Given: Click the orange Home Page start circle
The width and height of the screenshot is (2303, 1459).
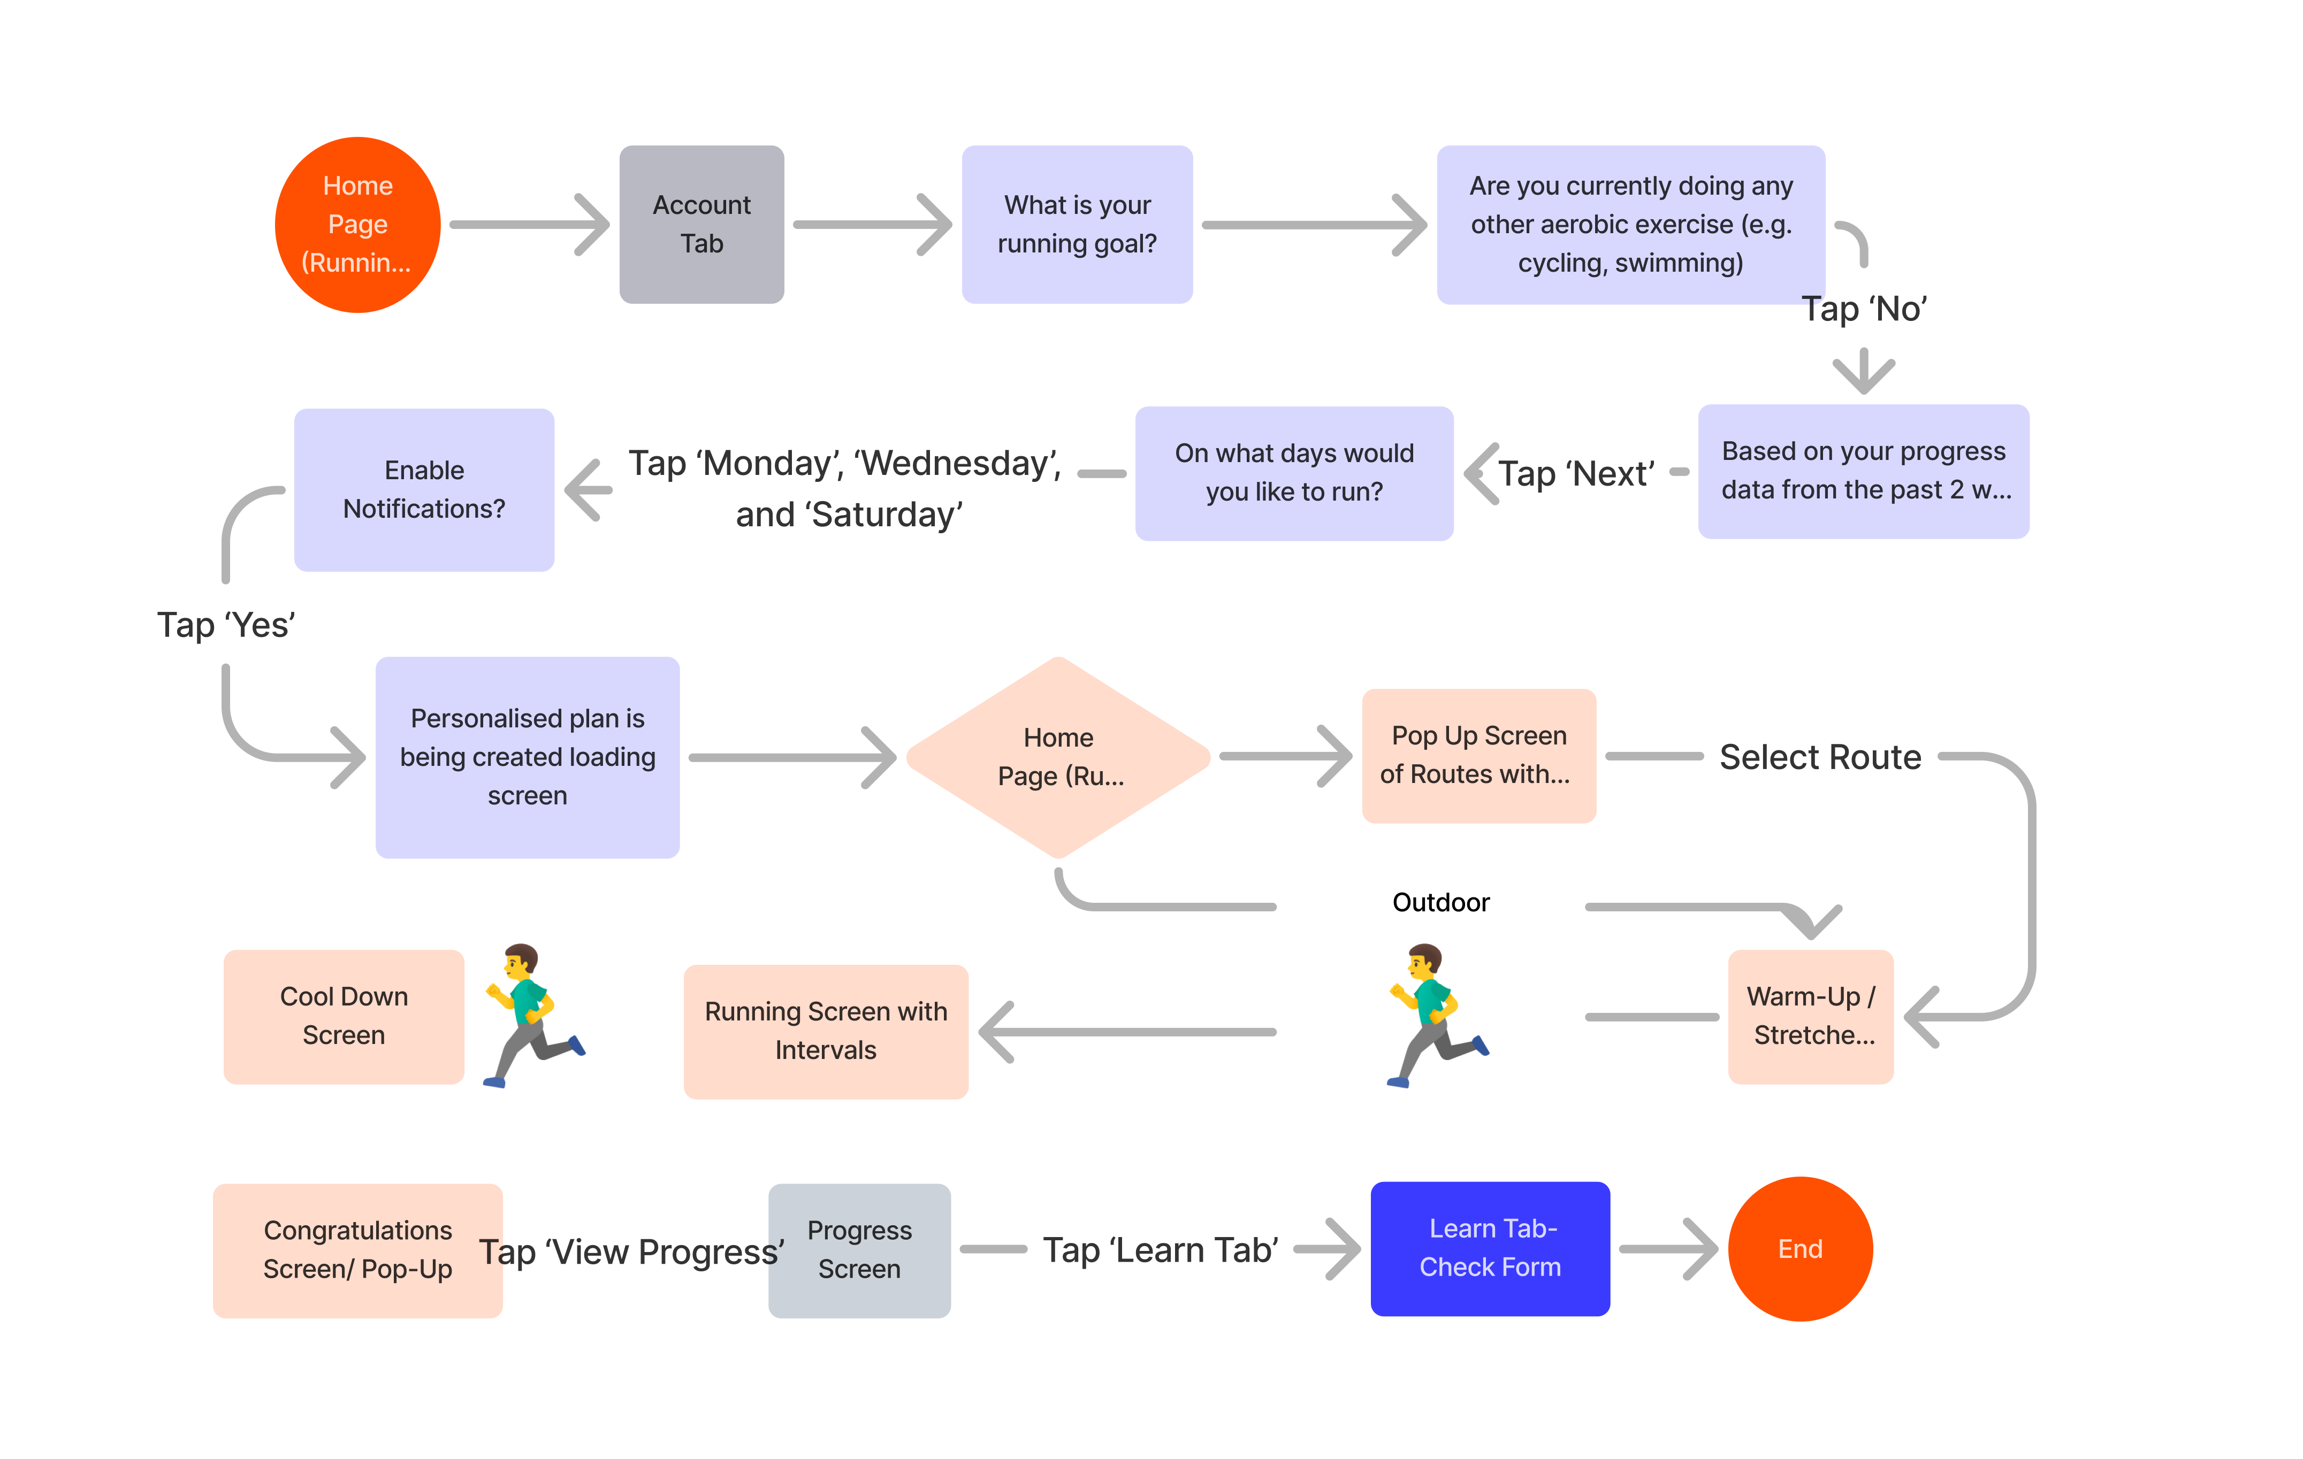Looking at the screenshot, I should [x=357, y=225].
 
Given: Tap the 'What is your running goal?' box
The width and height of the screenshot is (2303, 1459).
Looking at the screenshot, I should [x=1077, y=225].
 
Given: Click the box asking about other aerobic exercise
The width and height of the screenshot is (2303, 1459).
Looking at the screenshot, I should [x=1630, y=225].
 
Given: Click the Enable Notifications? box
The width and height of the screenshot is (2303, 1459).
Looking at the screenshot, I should [x=424, y=489].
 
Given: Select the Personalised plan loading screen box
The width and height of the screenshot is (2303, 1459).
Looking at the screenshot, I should [x=527, y=757].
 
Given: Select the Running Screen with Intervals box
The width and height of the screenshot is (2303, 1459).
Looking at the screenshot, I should [x=826, y=1032].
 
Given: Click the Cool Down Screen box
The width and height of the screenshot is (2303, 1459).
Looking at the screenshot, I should [x=344, y=1016].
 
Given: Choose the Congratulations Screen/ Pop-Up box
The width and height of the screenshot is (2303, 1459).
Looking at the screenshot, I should [x=357, y=1250].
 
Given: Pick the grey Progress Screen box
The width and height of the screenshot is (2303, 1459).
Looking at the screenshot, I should [x=859, y=1250].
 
